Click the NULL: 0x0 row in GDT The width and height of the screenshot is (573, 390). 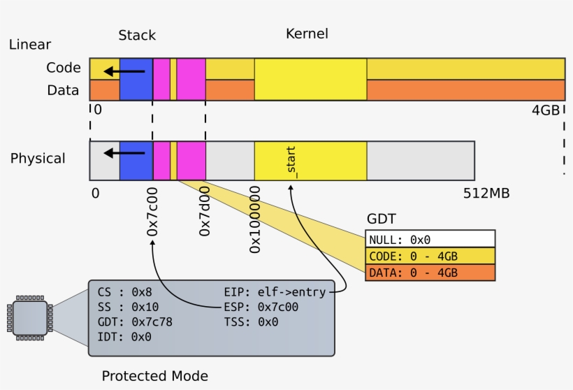click(x=430, y=239)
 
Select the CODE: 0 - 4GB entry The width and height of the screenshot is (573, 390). click(x=430, y=256)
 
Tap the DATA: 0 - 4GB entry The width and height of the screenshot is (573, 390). click(x=430, y=273)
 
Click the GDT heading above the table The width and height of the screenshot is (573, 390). click(x=381, y=219)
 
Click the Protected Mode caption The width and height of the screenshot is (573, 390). click(x=154, y=376)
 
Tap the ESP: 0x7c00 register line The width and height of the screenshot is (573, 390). click(x=261, y=307)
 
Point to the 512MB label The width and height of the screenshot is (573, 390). click(x=486, y=193)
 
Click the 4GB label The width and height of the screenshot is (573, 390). click(x=545, y=110)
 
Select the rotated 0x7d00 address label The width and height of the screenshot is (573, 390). click(x=205, y=210)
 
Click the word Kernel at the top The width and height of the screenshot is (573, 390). click(x=307, y=34)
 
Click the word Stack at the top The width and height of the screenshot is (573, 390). click(x=137, y=35)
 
